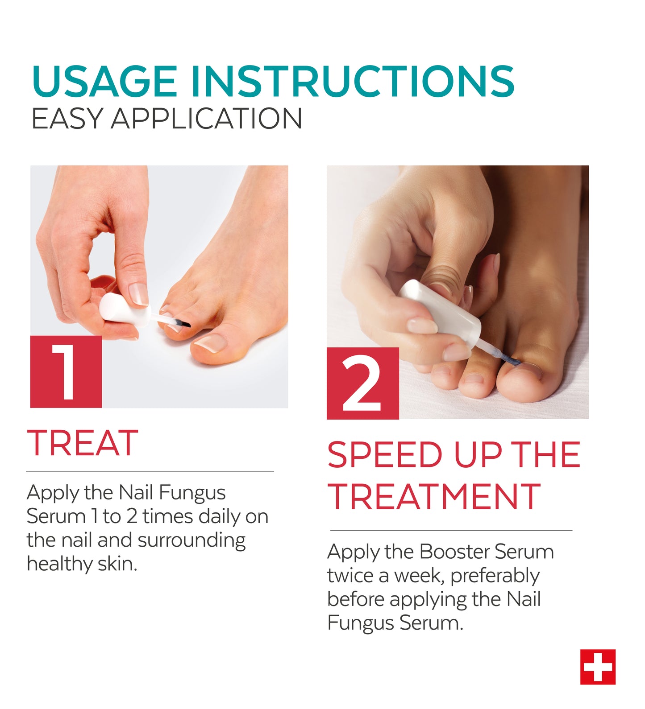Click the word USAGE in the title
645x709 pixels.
point(104,81)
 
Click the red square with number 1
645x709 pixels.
point(66,371)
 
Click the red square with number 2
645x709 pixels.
point(362,383)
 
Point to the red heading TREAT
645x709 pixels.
point(83,443)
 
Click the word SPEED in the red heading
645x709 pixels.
point(385,455)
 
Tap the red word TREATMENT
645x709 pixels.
point(434,497)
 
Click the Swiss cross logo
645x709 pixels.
point(598,667)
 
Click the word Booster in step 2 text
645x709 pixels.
point(454,552)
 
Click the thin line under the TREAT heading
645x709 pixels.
point(150,472)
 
